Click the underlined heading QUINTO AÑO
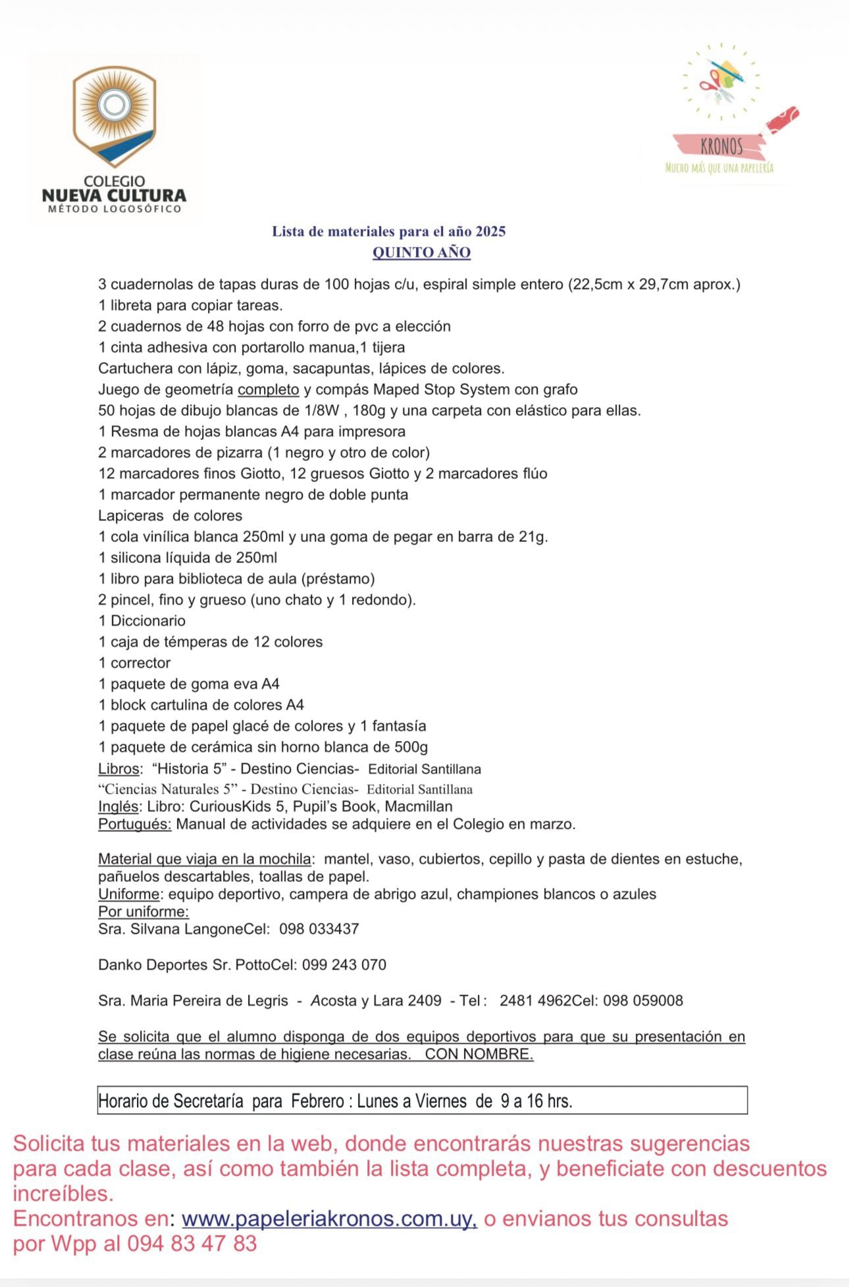[x=421, y=252]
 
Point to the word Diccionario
[x=148, y=620]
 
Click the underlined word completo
[x=269, y=389]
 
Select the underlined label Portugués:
[x=135, y=824]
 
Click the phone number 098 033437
[x=319, y=929]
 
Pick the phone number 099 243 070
[x=344, y=964]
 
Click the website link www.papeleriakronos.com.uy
[x=329, y=1219]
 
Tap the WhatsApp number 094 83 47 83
[x=192, y=1244]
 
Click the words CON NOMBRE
[x=478, y=1054]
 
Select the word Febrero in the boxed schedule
[x=318, y=1101]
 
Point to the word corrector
[x=140, y=663]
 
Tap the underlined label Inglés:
[x=118, y=806]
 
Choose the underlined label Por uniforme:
[x=143, y=912]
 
